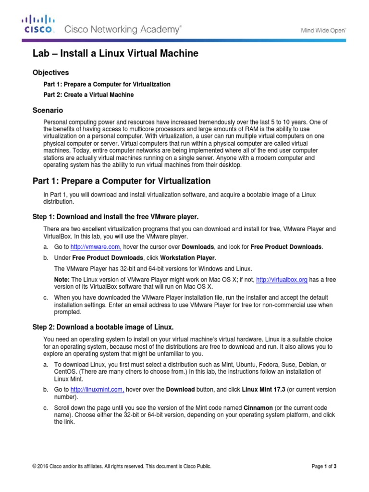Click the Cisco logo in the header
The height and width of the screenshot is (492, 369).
pos(38,24)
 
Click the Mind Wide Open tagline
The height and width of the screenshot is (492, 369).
pos(323,30)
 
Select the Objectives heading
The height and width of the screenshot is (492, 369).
pos(50,73)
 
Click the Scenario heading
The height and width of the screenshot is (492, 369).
pos(48,110)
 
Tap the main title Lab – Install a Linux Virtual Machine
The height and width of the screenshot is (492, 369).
pos(115,54)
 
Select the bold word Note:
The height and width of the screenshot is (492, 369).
pos(62,280)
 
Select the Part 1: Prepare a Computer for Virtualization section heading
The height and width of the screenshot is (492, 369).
pos(122,181)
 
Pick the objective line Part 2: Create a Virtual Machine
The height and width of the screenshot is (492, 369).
pos(88,95)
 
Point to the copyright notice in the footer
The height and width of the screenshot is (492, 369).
pos(122,466)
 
